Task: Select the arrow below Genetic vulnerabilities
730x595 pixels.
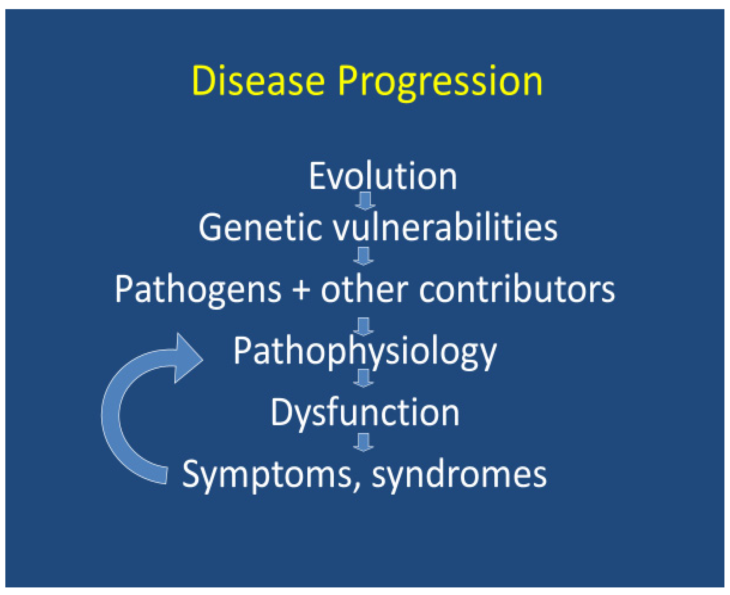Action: click(x=364, y=256)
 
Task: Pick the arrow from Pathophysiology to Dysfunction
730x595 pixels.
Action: click(x=364, y=378)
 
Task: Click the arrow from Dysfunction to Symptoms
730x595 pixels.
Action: click(x=364, y=442)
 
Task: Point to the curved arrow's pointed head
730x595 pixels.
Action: click(x=203, y=360)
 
